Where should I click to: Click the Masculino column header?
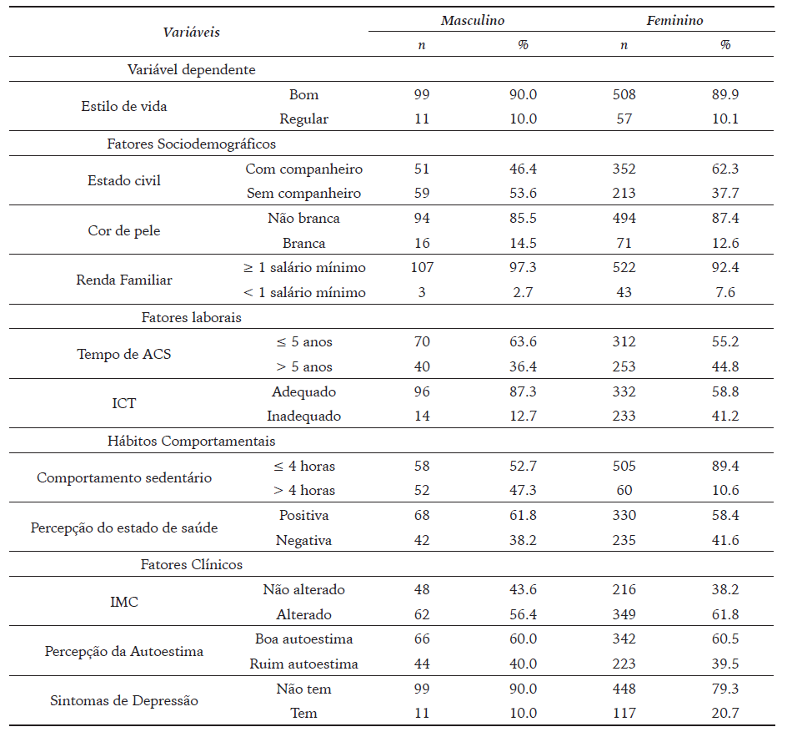click(x=472, y=20)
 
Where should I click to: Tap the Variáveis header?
click(x=191, y=33)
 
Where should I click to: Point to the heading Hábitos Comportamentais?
click(x=191, y=441)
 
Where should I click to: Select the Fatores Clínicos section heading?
click(x=191, y=565)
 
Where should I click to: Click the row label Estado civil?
click(x=124, y=181)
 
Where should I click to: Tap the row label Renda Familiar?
click(x=124, y=280)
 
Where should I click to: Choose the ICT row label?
click(x=124, y=404)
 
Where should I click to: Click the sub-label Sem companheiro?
click(x=303, y=194)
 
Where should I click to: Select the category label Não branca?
click(x=303, y=219)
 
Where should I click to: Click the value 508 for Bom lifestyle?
click(x=624, y=94)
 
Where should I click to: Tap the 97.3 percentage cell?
click(x=523, y=268)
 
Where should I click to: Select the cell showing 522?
click(x=624, y=268)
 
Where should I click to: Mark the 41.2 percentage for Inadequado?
click(x=724, y=416)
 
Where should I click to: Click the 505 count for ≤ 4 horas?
click(x=624, y=466)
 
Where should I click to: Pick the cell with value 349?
click(x=624, y=615)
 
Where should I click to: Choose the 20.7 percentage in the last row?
click(x=724, y=714)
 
